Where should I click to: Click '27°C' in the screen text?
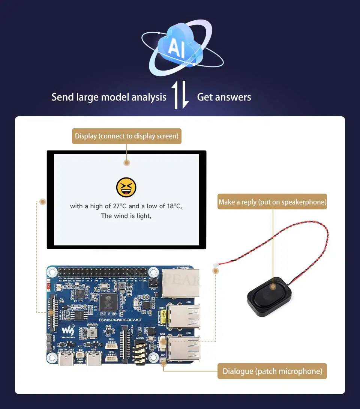click(x=120, y=206)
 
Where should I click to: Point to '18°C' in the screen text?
click(x=174, y=206)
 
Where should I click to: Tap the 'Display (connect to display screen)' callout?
click(x=126, y=136)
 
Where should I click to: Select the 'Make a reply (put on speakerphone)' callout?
click(x=273, y=202)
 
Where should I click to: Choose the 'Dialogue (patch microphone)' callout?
click(x=273, y=371)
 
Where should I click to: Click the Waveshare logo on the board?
click(x=68, y=331)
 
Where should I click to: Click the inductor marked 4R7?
click(x=92, y=332)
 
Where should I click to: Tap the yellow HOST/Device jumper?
click(x=162, y=317)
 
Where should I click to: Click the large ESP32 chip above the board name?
click(x=108, y=302)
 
